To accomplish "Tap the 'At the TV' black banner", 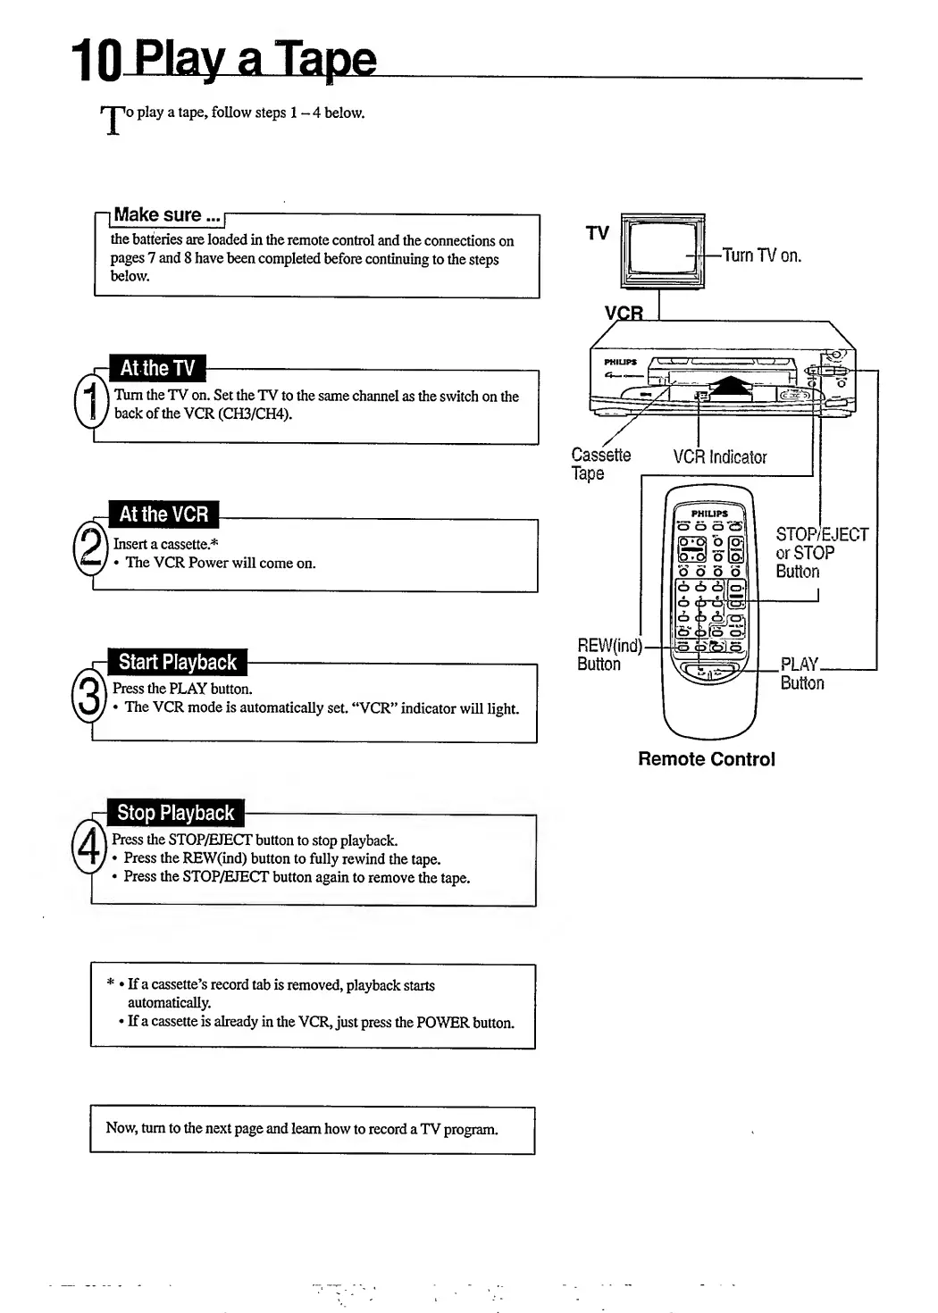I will click(x=157, y=368).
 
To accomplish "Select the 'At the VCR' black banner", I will click(x=163, y=514).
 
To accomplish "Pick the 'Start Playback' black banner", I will click(x=177, y=663).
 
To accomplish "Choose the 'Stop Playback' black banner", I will click(x=175, y=814).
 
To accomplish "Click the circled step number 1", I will click(x=90, y=403).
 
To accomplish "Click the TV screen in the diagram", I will click(x=662, y=246).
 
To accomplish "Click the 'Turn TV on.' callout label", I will click(x=761, y=255).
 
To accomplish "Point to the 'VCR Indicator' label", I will click(x=719, y=457).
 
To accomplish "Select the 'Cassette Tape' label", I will click(x=600, y=464).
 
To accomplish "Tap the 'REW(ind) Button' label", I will click(x=608, y=655).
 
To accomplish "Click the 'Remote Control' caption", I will click(x=706, y=759).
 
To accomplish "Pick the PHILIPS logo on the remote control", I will click(x=709, y=514).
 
